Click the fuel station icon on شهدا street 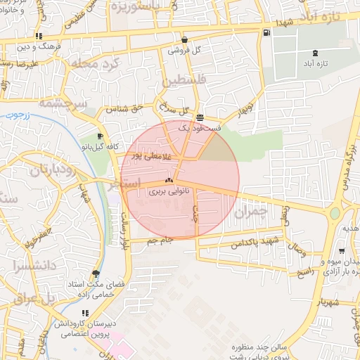[x=265, y=32]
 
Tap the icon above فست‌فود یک [x=201, y=118]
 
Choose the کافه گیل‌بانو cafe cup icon [x=100, y=136]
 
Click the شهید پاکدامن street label [x=250, y=243]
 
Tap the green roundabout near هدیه [x=335, y=214]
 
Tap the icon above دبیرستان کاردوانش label [x=85, y=313]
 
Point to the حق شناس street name [x=126, y=109]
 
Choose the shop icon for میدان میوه [x=341, y=251]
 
